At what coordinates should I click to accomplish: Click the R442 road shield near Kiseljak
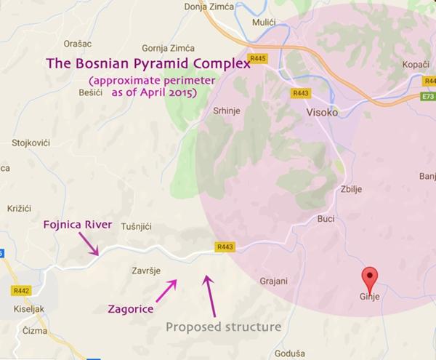(x=20, y=289)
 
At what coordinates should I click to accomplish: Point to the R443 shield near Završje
(x=224, y=247)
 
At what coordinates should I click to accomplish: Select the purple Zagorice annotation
(x=131, y=309)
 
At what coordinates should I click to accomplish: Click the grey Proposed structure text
(x=223, y=327)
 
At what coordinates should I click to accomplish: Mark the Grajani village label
(x=274, y=280)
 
